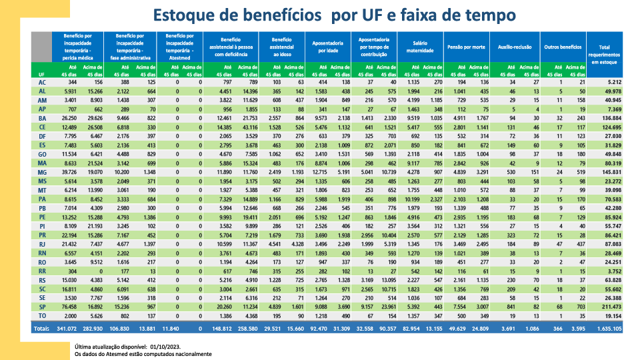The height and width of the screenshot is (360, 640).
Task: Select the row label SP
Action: tap(42, 306)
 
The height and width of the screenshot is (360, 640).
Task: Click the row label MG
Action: tap(42, 171)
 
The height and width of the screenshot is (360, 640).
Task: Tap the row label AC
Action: tap(42, 82)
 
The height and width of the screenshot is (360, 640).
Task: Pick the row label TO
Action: tap(42, 315)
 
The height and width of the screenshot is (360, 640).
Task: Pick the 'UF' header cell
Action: tap(42, 74)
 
